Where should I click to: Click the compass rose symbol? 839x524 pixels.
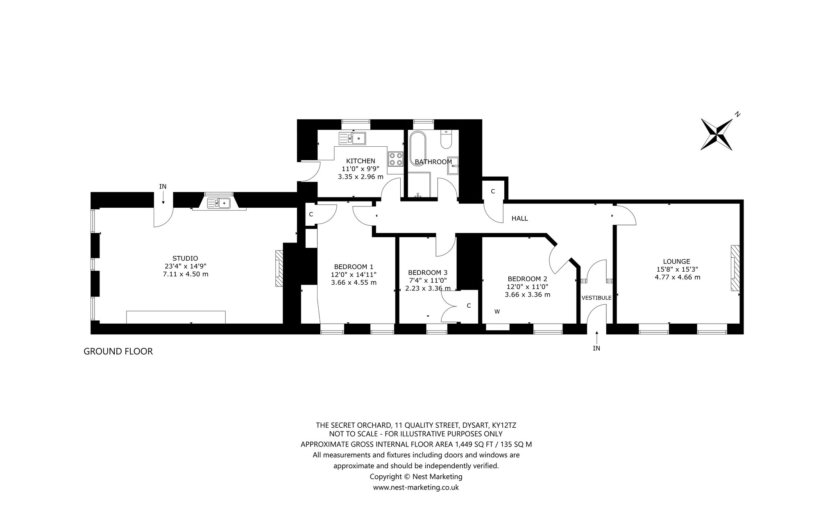coord(717,134)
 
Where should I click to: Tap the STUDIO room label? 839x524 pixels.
coord(185,259)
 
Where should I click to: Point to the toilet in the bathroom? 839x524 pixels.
coord(446,140)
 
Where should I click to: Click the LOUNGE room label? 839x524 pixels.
coord(676,261)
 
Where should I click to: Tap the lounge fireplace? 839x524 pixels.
coord(735,268)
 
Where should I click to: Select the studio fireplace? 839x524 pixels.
coord(279,268)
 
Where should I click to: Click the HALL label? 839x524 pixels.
coord(519,218)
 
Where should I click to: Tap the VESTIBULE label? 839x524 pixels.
coord(596,298)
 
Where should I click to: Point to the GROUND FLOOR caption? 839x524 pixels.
coord(118,352)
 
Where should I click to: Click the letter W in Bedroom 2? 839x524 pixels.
coord(497,311)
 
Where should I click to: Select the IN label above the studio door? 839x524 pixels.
coord(163,186)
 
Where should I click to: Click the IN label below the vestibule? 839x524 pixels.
coord(596,348)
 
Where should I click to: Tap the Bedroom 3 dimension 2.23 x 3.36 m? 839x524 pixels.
coord(428,288)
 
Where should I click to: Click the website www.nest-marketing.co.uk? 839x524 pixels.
coord(416,488)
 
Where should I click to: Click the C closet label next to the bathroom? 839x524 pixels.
coord(493,191)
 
